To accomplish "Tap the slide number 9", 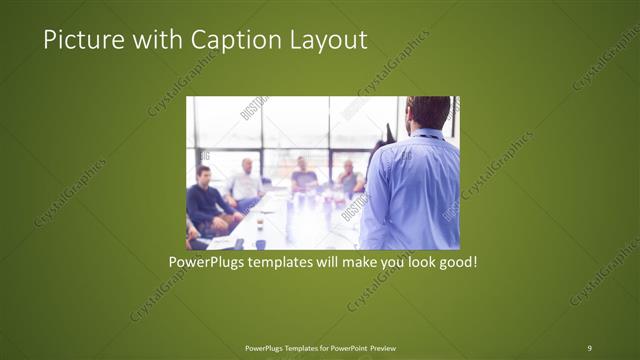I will coord(589,347).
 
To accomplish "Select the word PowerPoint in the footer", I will coord(345,347).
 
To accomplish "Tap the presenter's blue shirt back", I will coord(412,195).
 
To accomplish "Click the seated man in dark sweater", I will coord(206,200).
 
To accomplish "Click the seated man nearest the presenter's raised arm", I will coord(349,178).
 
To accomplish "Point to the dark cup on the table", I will coord(259,243).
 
